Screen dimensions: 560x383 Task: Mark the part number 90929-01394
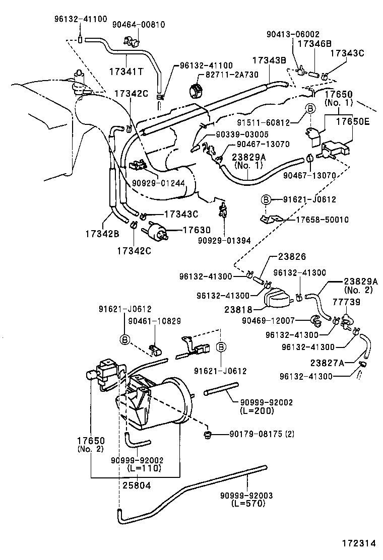223,240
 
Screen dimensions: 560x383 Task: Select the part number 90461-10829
154,321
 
